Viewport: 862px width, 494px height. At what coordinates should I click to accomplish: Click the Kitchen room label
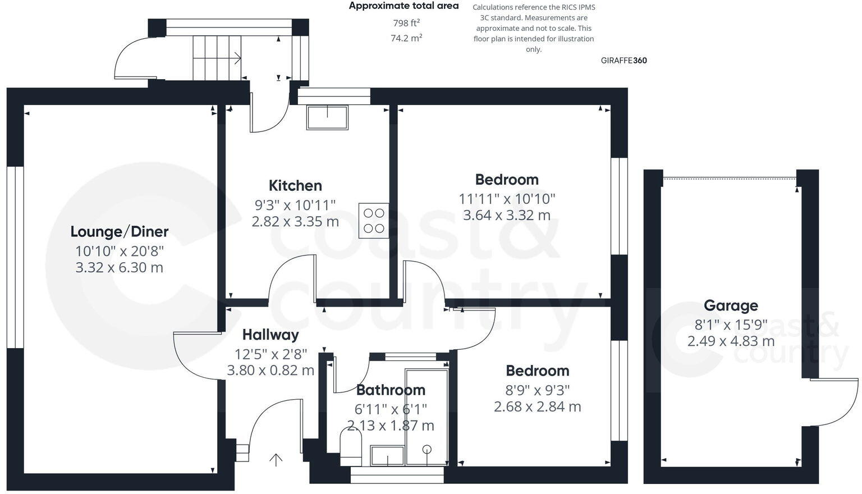coord(295,185)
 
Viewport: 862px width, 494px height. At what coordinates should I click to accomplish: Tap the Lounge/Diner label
coord(119,231)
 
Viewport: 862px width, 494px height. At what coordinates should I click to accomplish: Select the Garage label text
coord(731,305)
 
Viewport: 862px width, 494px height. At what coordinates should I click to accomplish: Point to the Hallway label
coord(270,335)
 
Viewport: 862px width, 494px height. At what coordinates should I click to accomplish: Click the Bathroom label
coord(391,390)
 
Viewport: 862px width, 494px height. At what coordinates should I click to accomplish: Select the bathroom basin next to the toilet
coord(387,456)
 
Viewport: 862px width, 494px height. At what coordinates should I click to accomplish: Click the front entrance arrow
coord(276,460)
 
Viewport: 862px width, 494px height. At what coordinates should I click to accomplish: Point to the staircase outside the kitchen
coord(217,58)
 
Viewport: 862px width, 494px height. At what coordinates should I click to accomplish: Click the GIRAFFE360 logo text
coord(623,61)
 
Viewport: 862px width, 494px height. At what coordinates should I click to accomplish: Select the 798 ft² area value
coord(406,23)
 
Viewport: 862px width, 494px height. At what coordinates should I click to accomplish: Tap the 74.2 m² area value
coord(406,38)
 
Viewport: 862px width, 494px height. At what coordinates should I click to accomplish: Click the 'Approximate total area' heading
coord(404,6)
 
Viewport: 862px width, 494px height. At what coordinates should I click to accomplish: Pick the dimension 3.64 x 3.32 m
coord(506,215)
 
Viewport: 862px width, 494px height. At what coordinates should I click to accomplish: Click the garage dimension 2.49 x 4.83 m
coord(731,341)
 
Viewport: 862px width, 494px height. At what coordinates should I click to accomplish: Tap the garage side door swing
coord(835,402)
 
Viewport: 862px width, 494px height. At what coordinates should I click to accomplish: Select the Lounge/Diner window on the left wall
coord(15,257)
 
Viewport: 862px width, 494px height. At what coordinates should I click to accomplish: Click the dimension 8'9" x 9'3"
coord(537,390)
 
